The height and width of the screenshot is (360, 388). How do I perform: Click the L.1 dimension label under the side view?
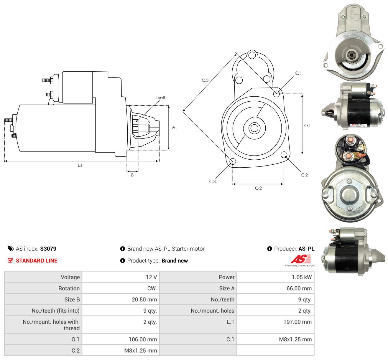point(80,165)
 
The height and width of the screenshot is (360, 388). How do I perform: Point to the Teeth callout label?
point(161,98)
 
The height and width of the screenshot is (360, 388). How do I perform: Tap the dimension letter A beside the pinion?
point(173,127)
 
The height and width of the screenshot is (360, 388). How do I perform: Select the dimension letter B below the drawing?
point(132,175)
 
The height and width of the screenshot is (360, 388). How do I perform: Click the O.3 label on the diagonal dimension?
point(205,80)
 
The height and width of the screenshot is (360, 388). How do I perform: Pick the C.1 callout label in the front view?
point(297,73)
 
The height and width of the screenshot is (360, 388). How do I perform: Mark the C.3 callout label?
point(212,181)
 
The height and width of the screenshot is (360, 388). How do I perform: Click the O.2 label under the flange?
point(258,188)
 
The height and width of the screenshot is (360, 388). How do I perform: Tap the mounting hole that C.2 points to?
point(284,155)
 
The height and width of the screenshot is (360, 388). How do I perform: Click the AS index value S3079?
point(48,249)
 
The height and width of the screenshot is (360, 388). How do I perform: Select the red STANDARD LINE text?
point(37,261)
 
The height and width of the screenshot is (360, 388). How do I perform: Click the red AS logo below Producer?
point(300,259)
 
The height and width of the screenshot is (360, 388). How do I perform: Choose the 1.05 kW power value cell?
point(275,277)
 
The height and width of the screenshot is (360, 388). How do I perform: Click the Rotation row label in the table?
point(69,288)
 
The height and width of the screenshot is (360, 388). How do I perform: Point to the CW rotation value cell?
point(121,288)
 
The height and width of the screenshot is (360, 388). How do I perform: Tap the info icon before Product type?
point(122,261)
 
